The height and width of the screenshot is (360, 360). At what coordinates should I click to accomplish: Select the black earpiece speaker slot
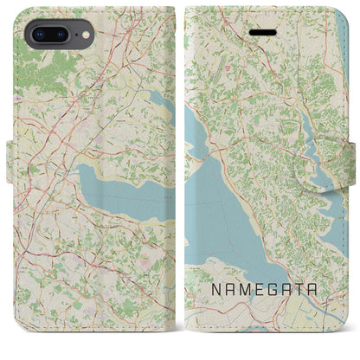pyautogui.click(x=261, y=29)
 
